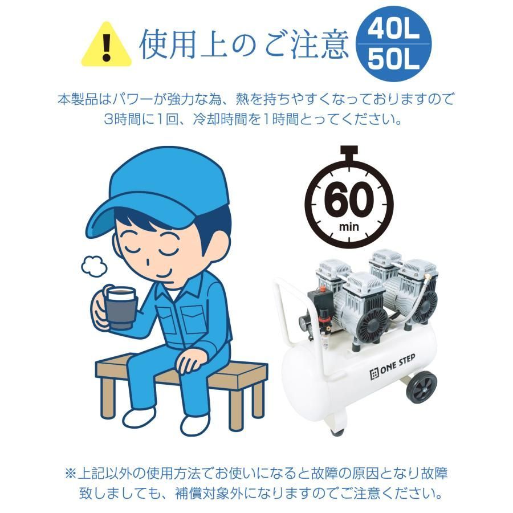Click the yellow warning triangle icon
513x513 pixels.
(107, 45)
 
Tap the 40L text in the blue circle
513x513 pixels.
(393, 30)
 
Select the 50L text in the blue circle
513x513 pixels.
(393, 59)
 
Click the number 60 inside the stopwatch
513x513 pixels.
(349, 199)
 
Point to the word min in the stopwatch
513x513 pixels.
(349, 226)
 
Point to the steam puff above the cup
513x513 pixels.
(94, 265)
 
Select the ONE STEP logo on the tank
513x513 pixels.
(392, 367)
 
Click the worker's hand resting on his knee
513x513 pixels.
(189, 363)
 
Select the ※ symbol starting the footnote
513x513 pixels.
(71, 474)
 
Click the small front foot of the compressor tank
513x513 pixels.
(337, 431)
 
